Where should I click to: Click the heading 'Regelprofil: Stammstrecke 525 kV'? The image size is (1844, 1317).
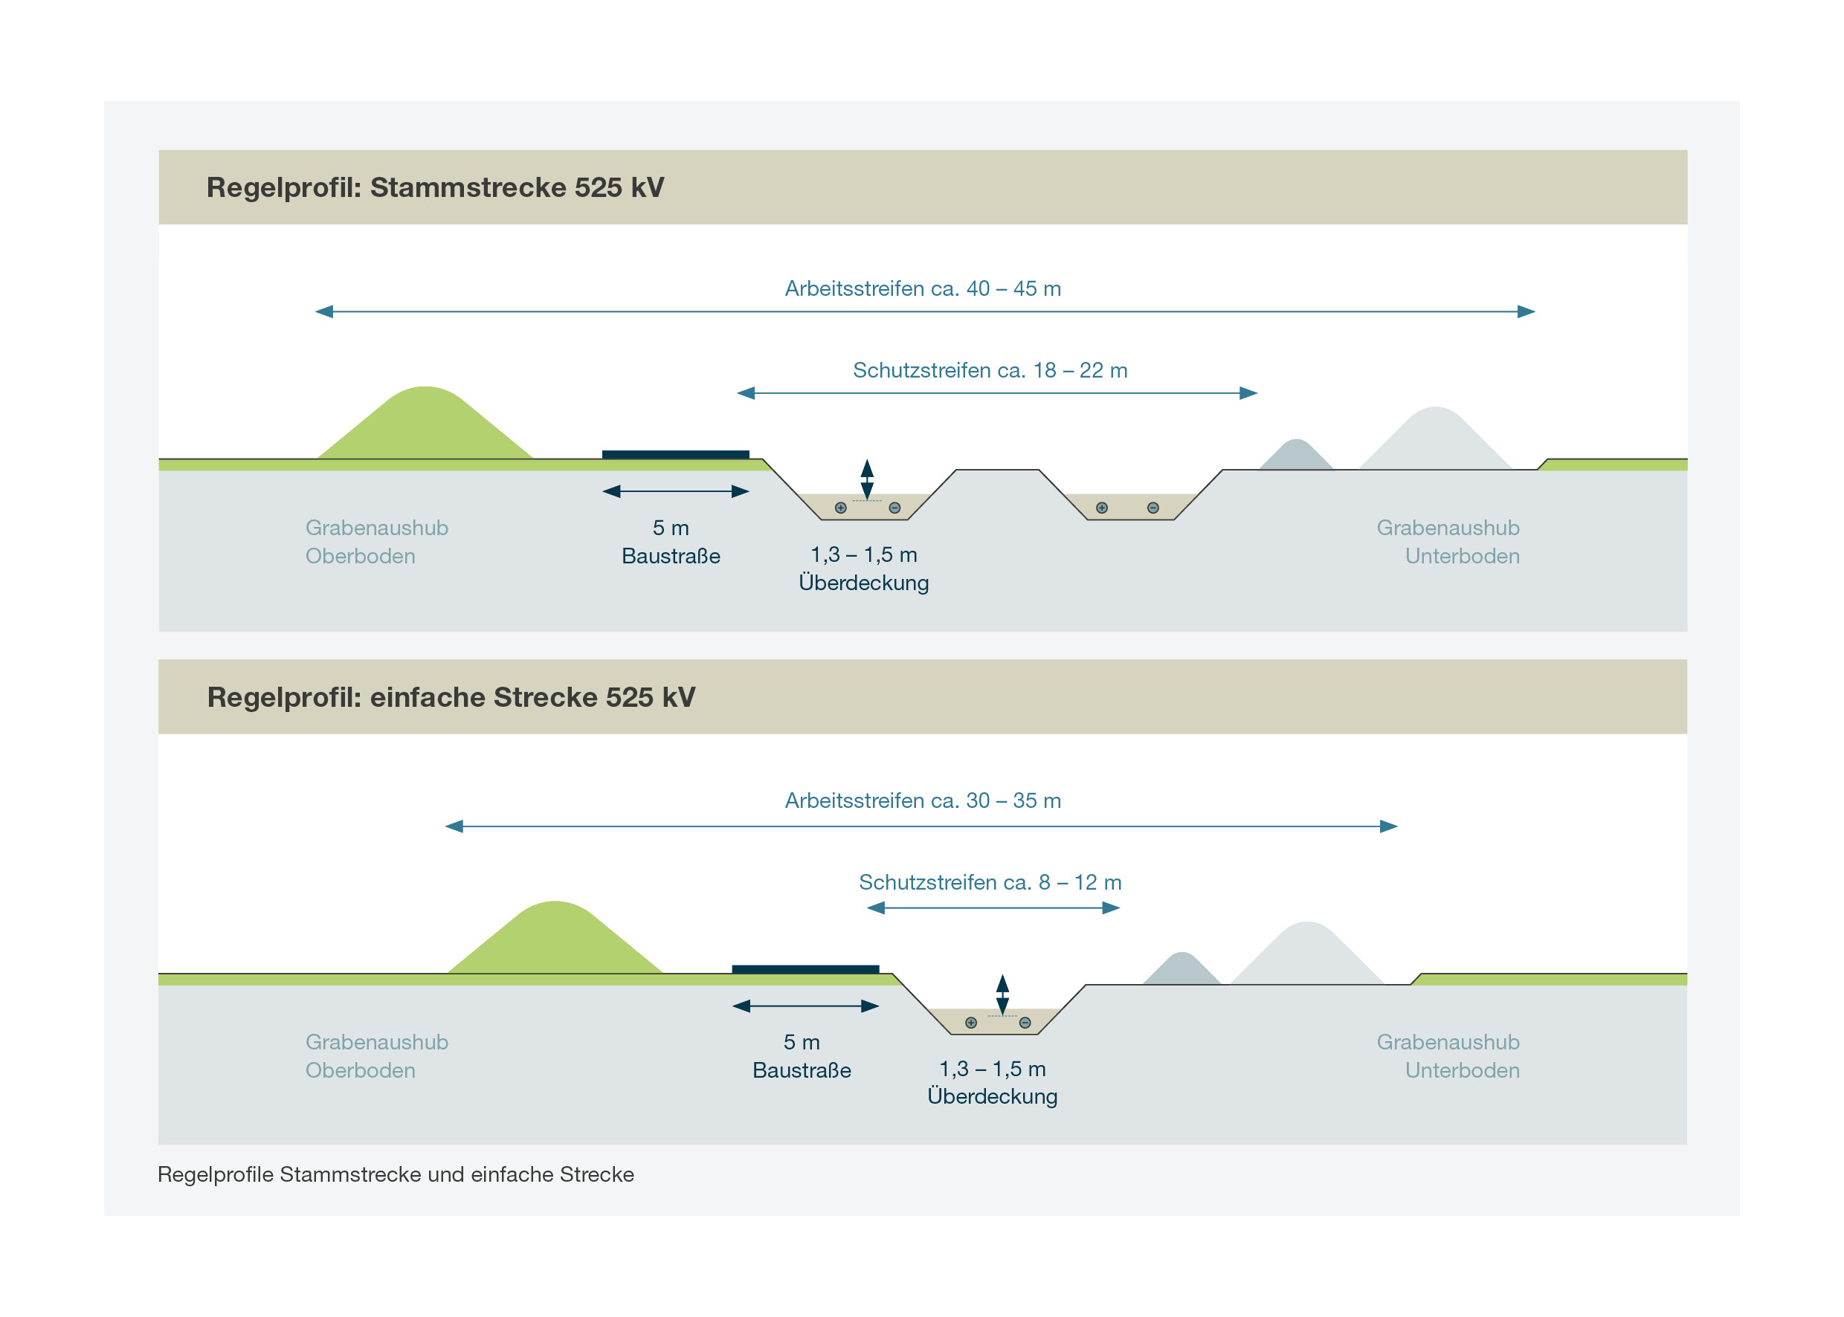(x=435, y=187)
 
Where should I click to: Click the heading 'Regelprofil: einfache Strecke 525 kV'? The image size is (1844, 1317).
(x=451, y=697)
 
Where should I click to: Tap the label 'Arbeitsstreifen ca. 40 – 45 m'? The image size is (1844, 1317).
(x=923, y=288)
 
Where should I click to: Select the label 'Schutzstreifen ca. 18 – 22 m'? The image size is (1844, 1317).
(x=990, y=371)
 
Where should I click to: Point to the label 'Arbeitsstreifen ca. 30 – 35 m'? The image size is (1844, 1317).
(x=923, y=800)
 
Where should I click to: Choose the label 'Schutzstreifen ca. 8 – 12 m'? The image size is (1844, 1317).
(x=990, y=882)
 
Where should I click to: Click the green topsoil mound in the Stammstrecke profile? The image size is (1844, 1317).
(x=425, y=427)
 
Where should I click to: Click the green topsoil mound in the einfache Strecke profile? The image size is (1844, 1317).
(x=555, y=942)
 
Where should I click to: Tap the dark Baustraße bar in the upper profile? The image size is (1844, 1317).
(x=675, y=455)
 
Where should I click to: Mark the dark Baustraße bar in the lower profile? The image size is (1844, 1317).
(x=805, y=969)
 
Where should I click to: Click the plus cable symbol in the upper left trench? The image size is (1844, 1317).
(x=840, y=508)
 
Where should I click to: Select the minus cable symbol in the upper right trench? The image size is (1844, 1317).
(x=1152, y=508)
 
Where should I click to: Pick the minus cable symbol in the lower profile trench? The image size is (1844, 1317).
(x=1025, y=1023)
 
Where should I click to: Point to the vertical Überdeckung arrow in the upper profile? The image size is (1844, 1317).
(x=867, y=479)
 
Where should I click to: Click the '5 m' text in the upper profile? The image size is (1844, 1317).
(x=670, y=528)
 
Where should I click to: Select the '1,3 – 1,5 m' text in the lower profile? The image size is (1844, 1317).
(x=992, y=1069)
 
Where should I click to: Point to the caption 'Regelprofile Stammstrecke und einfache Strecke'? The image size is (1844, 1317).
(x=396, y=1174)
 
